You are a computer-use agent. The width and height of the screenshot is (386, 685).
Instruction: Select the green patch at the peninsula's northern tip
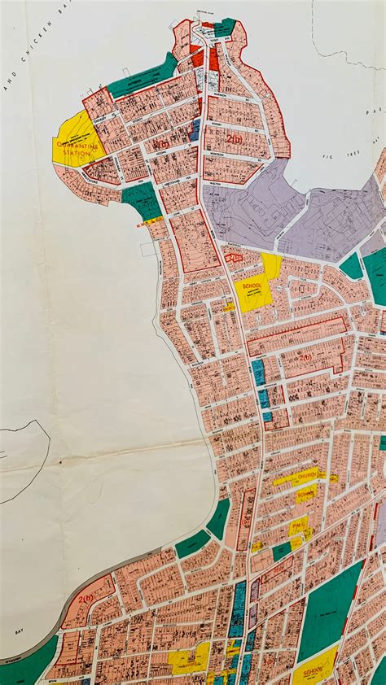(224, 27)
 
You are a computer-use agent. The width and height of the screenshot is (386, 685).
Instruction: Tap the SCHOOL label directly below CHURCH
(306, 493)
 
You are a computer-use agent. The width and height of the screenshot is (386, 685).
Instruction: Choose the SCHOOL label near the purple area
(253, 286)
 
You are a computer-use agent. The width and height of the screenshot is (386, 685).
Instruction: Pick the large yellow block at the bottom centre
(188, 659)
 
